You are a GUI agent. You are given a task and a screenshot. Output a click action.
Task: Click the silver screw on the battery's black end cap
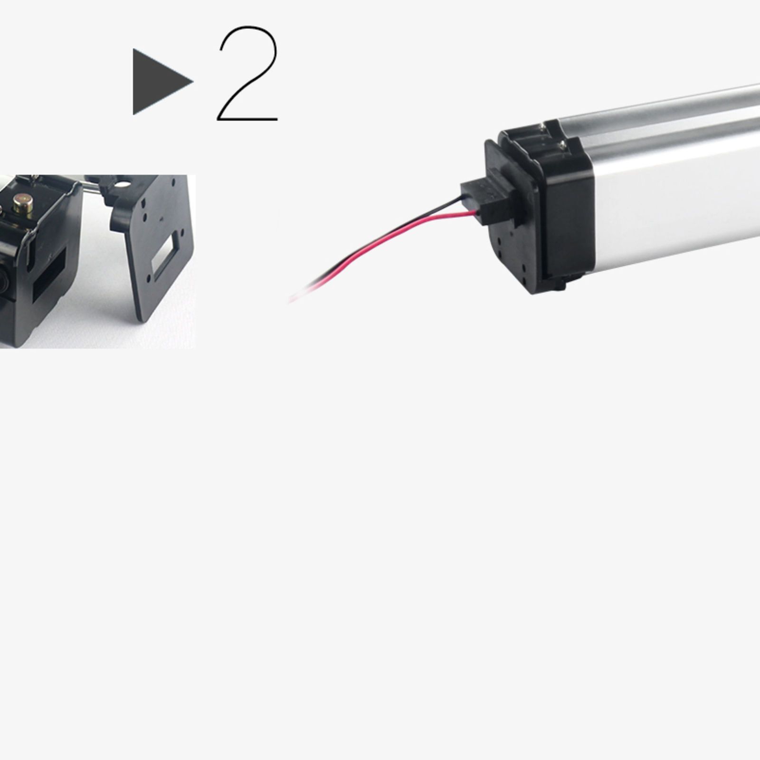point(562,142)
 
